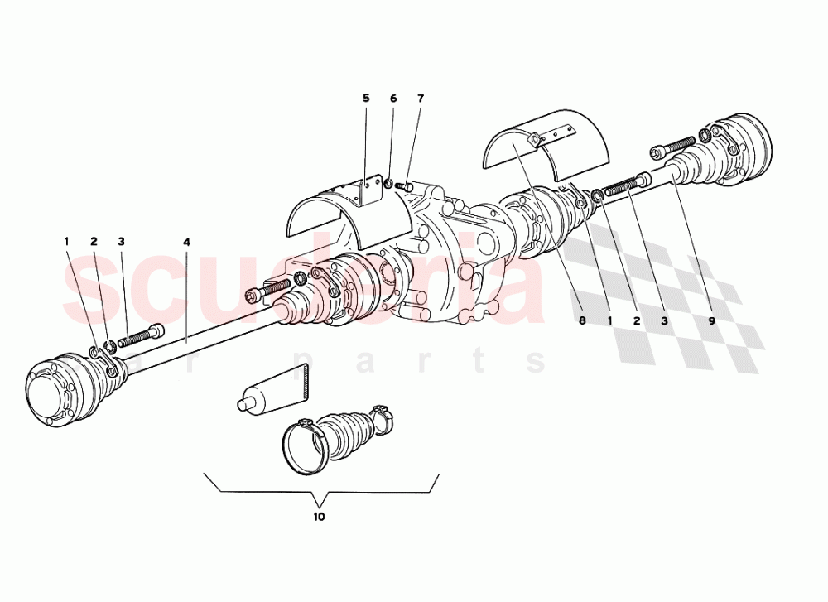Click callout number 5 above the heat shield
pyautogui.click(x=366, y=99)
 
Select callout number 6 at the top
pyautogui.click(x=393, y=99)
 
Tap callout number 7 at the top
pyautogui.click(x=420, y=99)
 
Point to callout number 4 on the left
pyautogui.click(x=187, y=242)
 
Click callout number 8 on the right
pyautogui.click(x=582, y=320)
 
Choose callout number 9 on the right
pyautogui.click(x=710, y=320)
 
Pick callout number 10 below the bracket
pyautogui.click(x=320, y=517)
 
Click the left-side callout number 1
pyautogui.click(x=67, y=242)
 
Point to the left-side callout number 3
pyautogui.click(x=121, y=242)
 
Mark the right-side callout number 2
pyautogui.click(x=636, y=320)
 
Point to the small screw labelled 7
pyautogui.click(x=407, y=187)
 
